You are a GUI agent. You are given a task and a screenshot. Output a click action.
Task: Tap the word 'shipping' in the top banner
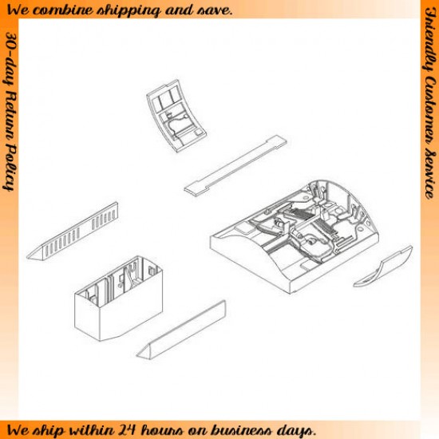coord(129,11)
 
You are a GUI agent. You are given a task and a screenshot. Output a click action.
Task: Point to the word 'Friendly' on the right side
coord(430,39)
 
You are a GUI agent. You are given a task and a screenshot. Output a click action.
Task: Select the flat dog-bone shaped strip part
coord(235,166)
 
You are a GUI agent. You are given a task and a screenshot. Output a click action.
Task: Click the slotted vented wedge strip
coord(73,231)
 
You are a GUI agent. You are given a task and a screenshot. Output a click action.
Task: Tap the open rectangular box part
coord(118,299)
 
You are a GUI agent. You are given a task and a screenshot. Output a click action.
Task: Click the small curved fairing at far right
coord(382,267)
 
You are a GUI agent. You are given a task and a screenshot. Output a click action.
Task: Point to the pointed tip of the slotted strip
coord(27,257)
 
